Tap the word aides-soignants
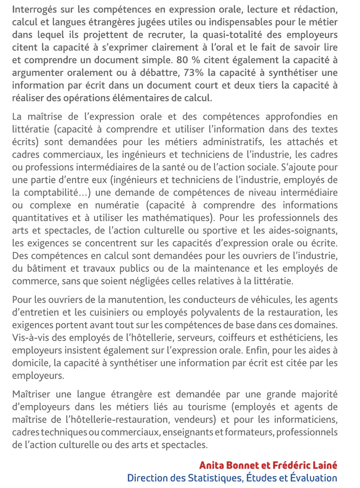pyautogui.click(x=307, y=230)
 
